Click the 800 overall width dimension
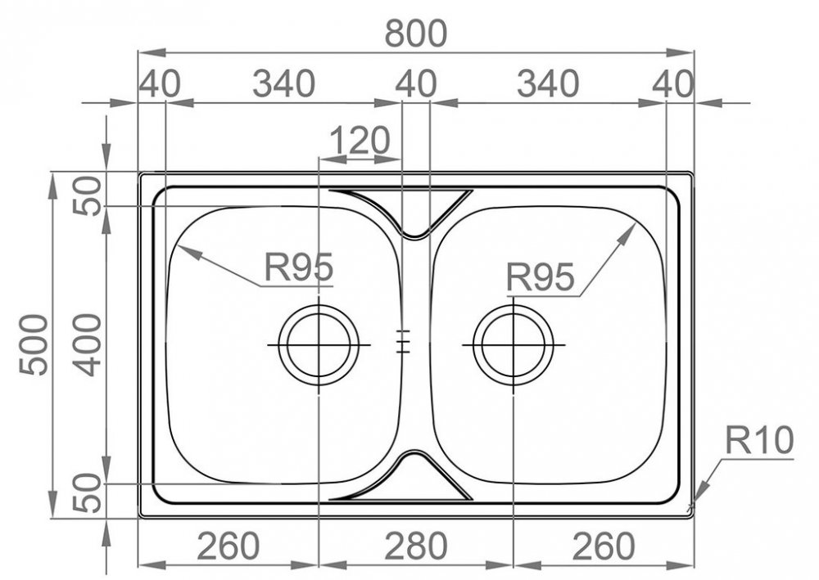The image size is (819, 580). point(416,34)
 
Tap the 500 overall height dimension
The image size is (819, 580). point(34,344)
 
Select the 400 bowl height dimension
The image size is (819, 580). point(87,344)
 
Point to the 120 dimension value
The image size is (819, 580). point(360,141)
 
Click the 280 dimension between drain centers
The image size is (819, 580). point(416,546)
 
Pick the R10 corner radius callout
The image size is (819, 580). point(759,440)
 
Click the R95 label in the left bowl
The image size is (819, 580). point(298,267)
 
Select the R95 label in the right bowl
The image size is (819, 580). point(540,277)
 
